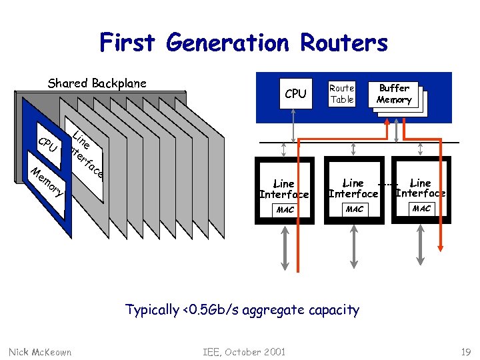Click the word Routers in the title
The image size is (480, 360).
pyautogui.click(x=344, y=43)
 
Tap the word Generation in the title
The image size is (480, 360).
pyautogui.click(x=228, y=43)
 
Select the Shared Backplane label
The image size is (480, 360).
pyautogui.click(x=97, y=83)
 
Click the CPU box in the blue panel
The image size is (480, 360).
pyautogui.click(x=295, y=94)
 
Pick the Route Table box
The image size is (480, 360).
pyautogui.click(x=342, y=93)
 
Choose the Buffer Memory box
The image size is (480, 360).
pyautogui.click(x=395, y=94)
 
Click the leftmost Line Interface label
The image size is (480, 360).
pyautogui.click(x=284, y=189)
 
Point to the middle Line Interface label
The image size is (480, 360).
pyautogui.click(x=353, y=188)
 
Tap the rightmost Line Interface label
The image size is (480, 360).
pyautogui.click(x=421, y=188)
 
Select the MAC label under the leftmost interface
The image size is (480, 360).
pyautogui.click(x=285, y=210)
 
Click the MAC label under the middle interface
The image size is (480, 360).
pyautogui.click(x=353, y=209)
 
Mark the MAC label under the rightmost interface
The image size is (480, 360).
pyautogui.click(x=421, y=209)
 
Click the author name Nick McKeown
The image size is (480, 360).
pyautogui.click(x=40, y=351)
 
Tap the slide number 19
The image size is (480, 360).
pyautogui.click(x=465, y=351)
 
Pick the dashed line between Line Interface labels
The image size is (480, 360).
pyautogui.click(x=388, y=183)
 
